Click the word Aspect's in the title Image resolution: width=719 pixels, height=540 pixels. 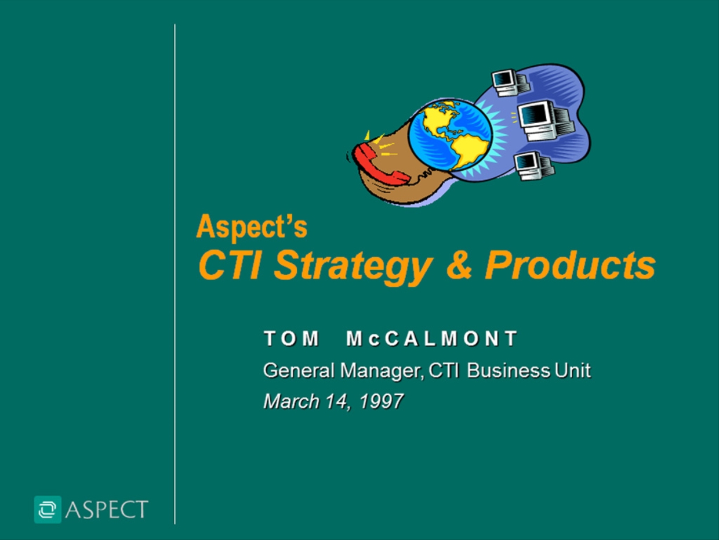(x=252, y=226)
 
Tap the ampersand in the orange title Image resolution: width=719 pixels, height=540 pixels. (x=459, y=264)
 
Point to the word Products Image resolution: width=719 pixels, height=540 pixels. (x=571, y=265)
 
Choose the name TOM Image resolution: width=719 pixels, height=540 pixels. (x=291, y=339)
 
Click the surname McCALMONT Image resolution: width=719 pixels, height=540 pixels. (x=432, y=339)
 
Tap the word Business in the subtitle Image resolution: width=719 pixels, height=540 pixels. (x=509, y=370)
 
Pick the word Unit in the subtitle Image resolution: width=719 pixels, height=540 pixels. (x=573, y=370)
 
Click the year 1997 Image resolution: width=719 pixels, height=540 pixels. (x=382, y=401)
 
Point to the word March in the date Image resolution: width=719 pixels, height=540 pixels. (x=291, y=401)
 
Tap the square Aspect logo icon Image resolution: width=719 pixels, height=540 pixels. (x=48, y=509)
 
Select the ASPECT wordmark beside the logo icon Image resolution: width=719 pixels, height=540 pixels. (x=107, y=509)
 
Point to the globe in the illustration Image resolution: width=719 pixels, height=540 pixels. (x=449, y=135)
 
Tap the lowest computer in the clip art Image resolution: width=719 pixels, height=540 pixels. (x=533, y=166)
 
